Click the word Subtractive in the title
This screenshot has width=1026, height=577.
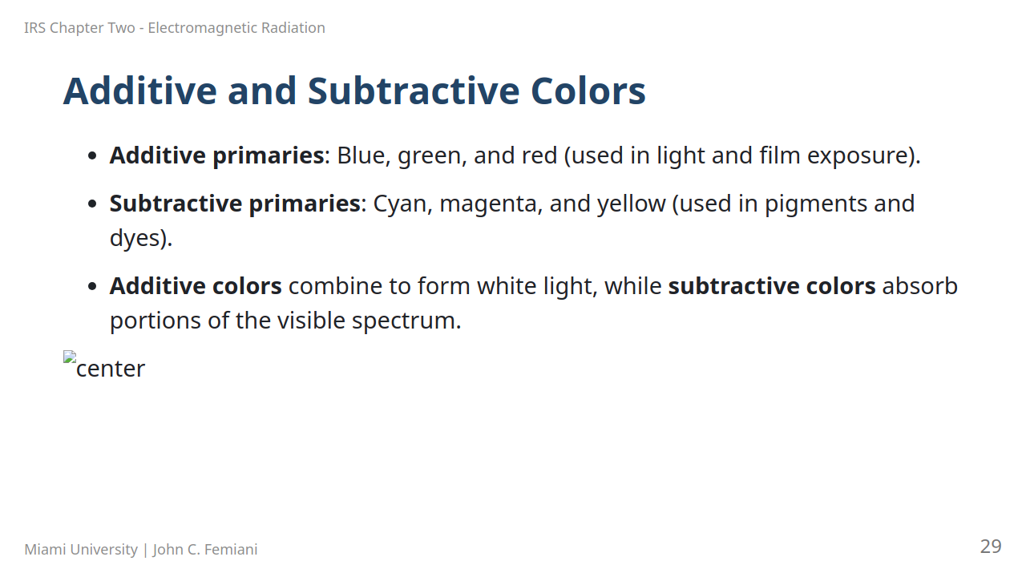click(x=414, y=91)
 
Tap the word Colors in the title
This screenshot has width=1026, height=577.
click(x=588, y=91)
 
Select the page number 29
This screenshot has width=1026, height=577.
click(x=991, y=547)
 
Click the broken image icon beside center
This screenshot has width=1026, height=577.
click(x=70, y=357)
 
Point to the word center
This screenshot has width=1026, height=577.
click(x=111, y=369)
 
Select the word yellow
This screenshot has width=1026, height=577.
click(x=631, y=204)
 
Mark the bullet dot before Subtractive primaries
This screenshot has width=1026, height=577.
click(x=92, y=204)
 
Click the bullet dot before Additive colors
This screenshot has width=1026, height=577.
click(x=92, y=286)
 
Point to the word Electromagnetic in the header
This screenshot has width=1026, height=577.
click(x=203, y=28)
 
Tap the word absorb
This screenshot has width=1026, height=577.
click(x=919, y=286)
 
